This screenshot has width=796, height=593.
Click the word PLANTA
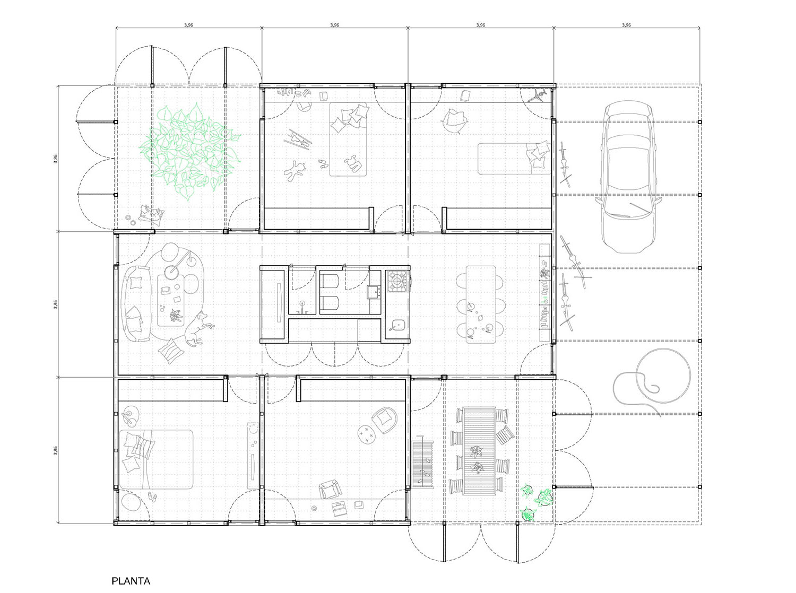[x=131, y=581]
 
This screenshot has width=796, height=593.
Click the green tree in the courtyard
[x=191, y=151]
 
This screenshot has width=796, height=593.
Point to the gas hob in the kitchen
[x=398, y=281]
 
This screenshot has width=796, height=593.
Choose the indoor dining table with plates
[x=480, y=304]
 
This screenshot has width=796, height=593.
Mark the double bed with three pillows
[x=156, y=459]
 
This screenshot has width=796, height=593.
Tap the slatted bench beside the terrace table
[x=422, y=465]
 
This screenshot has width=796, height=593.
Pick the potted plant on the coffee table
[x=177, y=316]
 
